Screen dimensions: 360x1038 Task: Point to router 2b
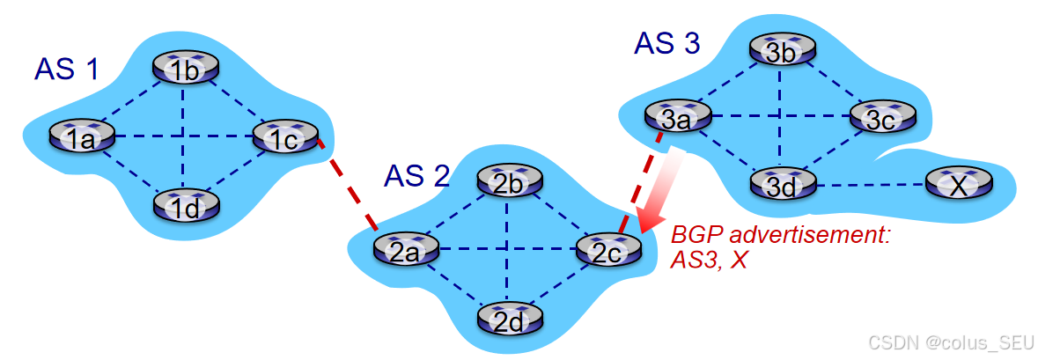[x=507, y=182]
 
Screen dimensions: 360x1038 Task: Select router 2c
[x=607, y=250]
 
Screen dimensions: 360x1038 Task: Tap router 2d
[x=507, y=319]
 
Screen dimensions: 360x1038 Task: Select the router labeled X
[x=958, y=185]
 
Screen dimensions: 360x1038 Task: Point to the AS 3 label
[x=666, y=43]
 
